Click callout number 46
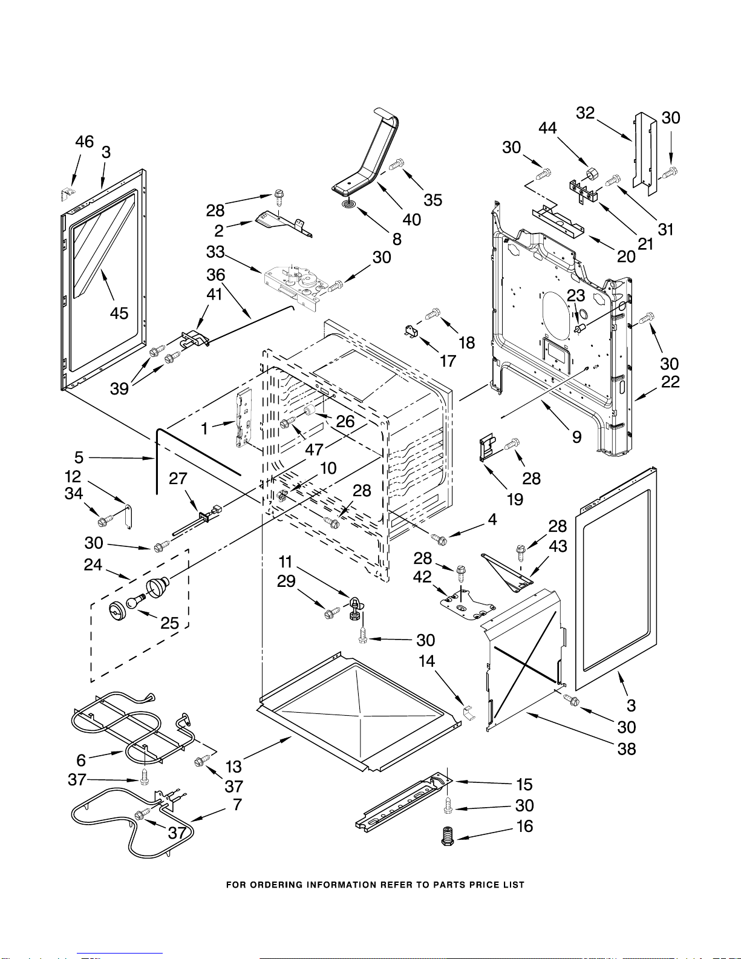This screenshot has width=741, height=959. (84, 142)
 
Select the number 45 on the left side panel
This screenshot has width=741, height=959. (119, 313)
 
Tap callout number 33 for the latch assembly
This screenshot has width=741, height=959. (215, 252)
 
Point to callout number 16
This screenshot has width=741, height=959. (525, 826)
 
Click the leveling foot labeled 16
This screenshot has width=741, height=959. (447, 837)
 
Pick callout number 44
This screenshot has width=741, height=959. (547, 128)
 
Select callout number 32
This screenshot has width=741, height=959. (585, 113)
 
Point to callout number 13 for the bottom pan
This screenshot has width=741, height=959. (233, 767)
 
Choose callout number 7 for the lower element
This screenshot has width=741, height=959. (237, 805)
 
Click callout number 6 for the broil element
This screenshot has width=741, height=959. (81, 760)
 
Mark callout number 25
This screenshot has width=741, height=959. (170, 623)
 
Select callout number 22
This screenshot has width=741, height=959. (670, 382)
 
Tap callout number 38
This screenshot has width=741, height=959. (627, 749)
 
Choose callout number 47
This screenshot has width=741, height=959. (314, 449)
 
